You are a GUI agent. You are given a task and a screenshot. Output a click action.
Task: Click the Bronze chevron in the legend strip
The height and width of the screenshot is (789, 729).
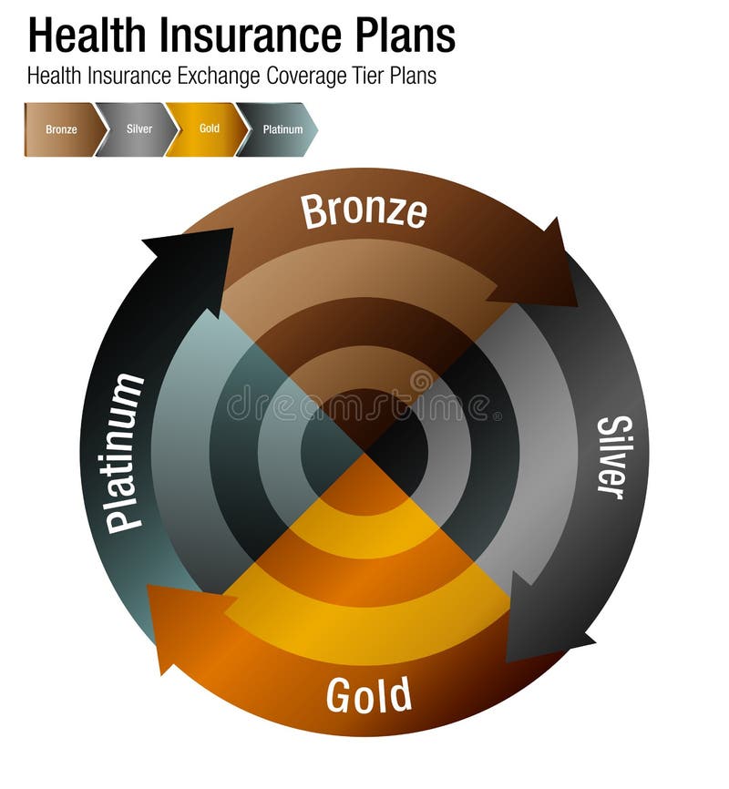tap(60, 129)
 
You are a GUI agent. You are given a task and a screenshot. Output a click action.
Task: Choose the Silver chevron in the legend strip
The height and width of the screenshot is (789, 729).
tap(138, 129)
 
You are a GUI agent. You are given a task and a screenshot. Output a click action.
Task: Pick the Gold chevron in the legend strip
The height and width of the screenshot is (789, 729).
tap(209, 129)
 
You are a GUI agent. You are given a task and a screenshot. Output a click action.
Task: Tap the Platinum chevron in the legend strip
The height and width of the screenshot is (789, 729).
tap(281, 129)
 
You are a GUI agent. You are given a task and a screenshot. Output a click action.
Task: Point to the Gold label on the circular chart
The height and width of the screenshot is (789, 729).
tap(368, 697)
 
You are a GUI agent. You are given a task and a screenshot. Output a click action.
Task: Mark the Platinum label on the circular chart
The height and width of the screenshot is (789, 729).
tap(125, 452)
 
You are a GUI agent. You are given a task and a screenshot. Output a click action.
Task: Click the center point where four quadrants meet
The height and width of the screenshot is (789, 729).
tap(364, 452)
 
